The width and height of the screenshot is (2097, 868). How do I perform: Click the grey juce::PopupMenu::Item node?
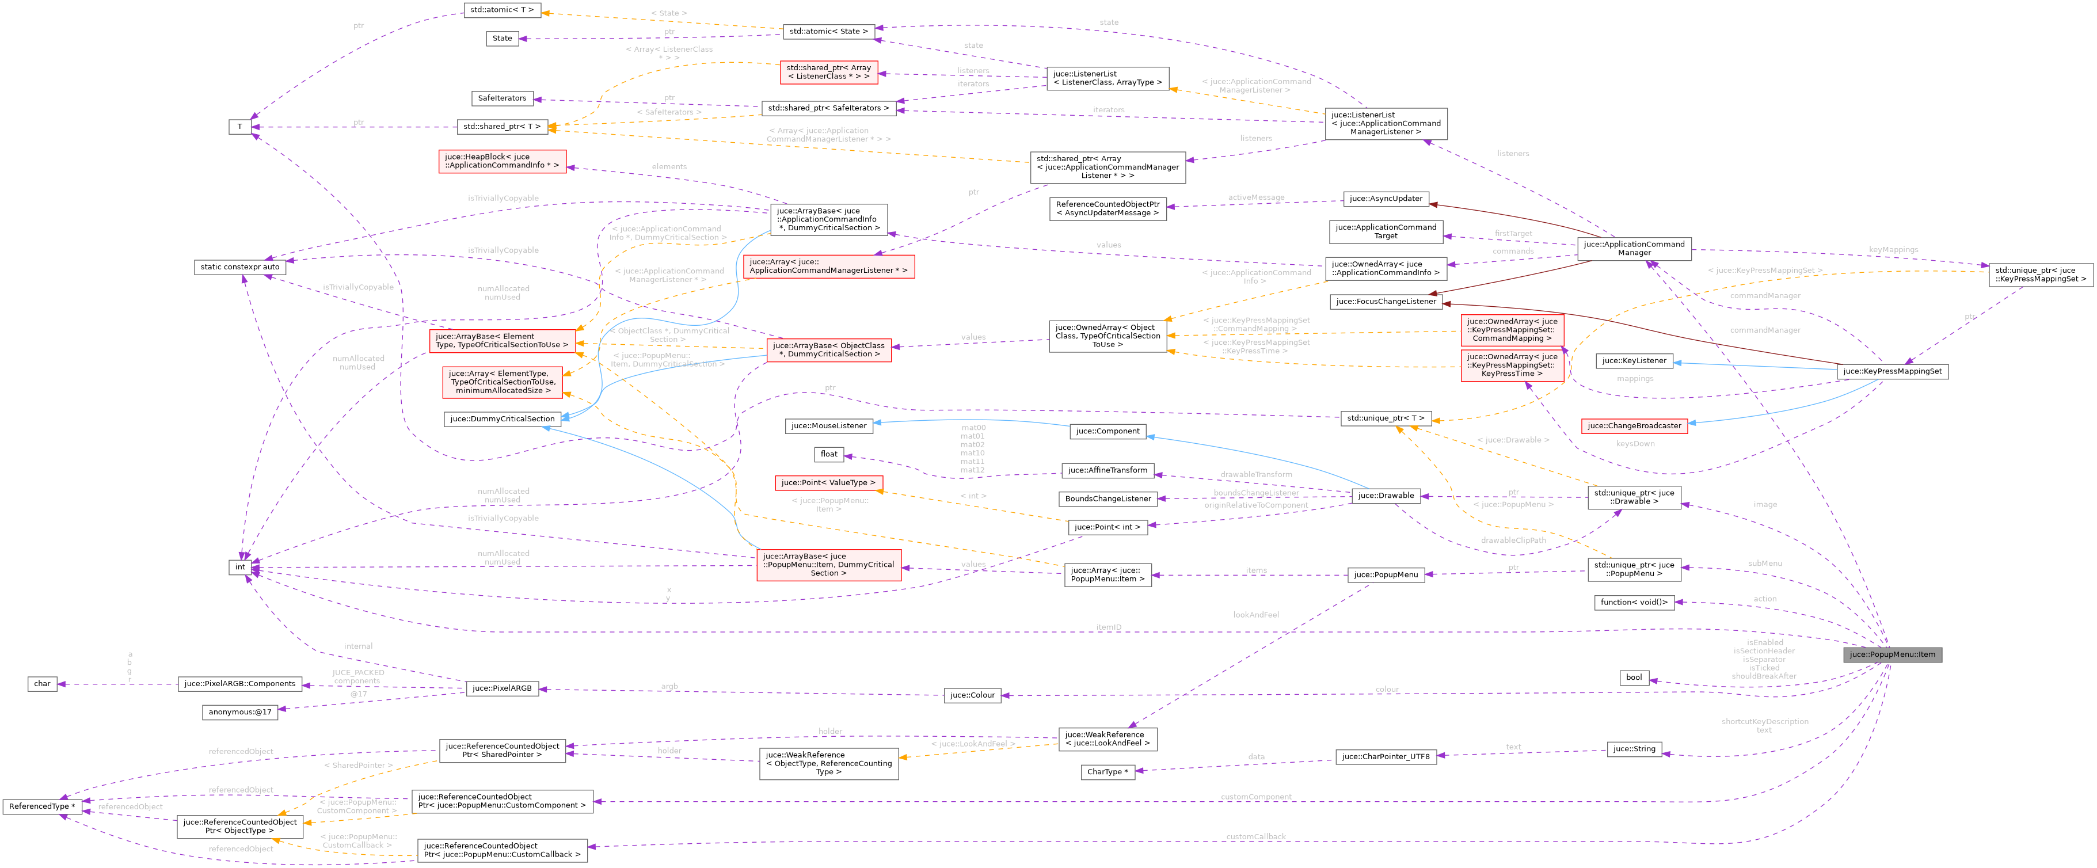1892,654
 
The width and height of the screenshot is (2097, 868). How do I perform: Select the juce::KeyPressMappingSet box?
1892,371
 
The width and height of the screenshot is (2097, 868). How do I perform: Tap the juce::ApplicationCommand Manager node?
1634,248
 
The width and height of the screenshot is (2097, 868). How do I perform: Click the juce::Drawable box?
1386,495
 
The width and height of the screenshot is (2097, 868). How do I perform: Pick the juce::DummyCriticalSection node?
503,418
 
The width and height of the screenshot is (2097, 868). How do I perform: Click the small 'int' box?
239,567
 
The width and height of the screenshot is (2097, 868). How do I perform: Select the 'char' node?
43,684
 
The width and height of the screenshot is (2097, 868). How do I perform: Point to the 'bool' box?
1634,677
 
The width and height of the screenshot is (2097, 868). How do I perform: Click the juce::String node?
1634,749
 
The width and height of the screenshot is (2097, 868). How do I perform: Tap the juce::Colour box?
972,695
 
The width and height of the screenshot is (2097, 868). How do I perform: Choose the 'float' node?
829,454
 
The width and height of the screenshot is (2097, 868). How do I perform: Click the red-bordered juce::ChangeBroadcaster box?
1634,426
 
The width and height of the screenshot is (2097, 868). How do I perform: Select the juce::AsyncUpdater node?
1386,199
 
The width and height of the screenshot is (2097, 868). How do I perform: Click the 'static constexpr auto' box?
239,267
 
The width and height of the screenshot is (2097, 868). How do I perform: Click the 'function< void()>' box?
1634,603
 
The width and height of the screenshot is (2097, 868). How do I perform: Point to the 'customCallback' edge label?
1255,837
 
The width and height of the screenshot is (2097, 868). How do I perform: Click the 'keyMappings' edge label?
1893,250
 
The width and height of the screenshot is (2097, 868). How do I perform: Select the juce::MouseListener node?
829,426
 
